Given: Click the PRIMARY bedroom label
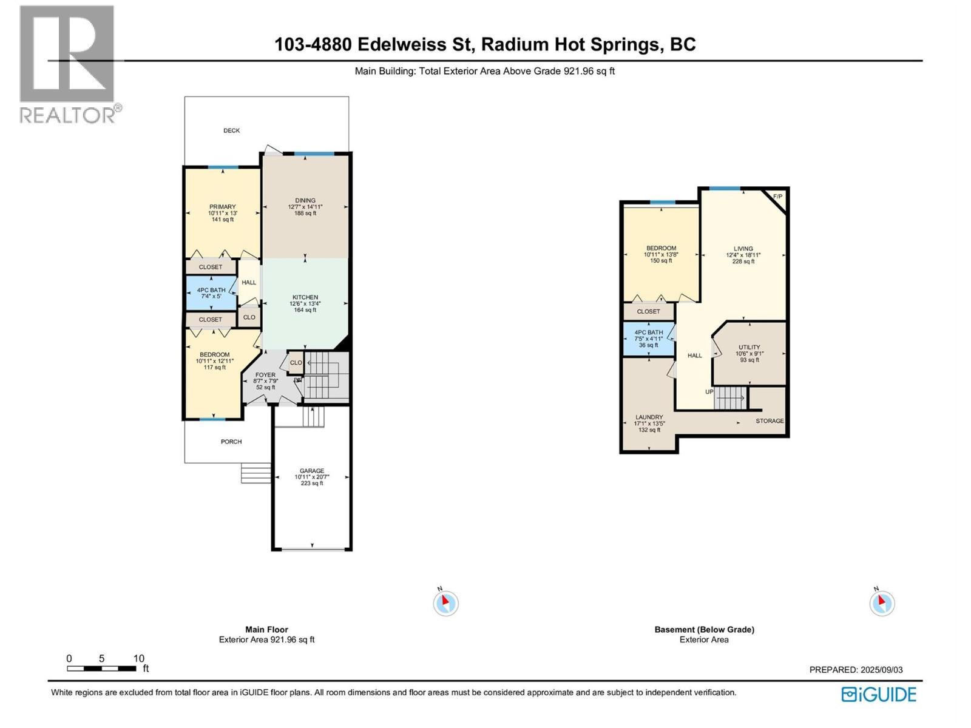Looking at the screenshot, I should tap(222, 207).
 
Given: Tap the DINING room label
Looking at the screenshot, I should tap(305, 201).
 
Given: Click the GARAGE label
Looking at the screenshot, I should tap(312, 471).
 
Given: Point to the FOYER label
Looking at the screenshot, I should tap(265, 375).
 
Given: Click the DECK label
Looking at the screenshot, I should tap(231, 130).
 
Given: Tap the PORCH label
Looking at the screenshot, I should tap(231, 442).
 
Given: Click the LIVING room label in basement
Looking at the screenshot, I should tap(743, 249).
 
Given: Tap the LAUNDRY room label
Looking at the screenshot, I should tap(649, 417).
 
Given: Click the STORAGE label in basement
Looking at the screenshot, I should tap(770, 420).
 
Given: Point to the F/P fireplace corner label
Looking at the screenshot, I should tap(778, 197).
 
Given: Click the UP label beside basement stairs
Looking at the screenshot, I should tap(709, 392).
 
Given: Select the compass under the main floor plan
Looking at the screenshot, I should tap(445, 603).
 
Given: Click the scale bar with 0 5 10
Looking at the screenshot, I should tap(101, 668).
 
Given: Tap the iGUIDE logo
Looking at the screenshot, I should tap(878, 694).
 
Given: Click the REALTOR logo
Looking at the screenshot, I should tap(67, 64).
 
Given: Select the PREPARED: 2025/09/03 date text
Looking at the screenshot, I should tap(856, 670).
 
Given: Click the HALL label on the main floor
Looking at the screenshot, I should tap(249, 283).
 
